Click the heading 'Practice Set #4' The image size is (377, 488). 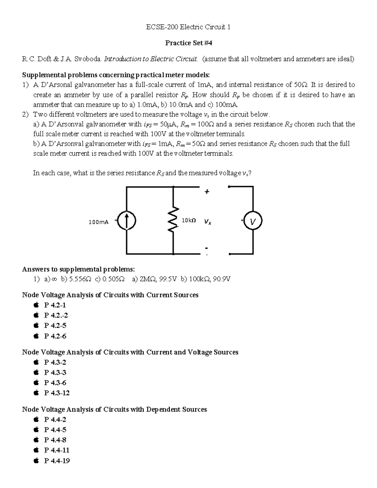[188, 43]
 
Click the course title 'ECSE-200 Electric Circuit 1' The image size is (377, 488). [188, 27]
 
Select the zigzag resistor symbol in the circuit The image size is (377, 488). [173, 220]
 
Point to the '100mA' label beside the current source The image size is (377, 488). [98, 222]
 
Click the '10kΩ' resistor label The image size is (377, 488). [188, 221]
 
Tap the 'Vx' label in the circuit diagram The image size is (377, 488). [207, 222]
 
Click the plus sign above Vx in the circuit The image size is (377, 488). [207, 191]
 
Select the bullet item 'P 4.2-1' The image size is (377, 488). [55, 305]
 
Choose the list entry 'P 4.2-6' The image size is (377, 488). [55, 336]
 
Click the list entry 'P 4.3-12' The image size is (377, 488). [57, 393]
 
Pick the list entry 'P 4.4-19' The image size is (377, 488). [57, 461]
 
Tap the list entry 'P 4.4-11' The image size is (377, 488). [57, 450]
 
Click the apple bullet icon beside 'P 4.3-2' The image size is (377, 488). [36, 362]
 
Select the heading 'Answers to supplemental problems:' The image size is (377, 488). [78, 269]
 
